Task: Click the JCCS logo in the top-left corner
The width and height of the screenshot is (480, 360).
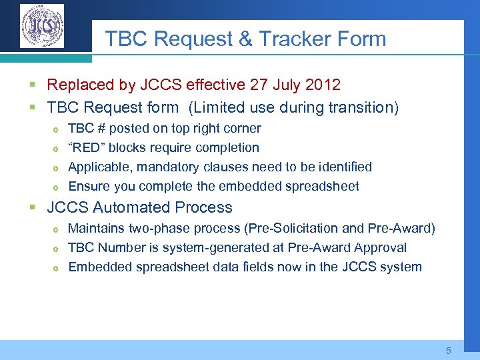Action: (x=42, y=26)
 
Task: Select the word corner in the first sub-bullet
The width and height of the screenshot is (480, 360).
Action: (x=240, y=128)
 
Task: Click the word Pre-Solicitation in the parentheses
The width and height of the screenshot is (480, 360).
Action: (x=292, y=229)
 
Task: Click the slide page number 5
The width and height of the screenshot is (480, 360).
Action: (x=449, y=350)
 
